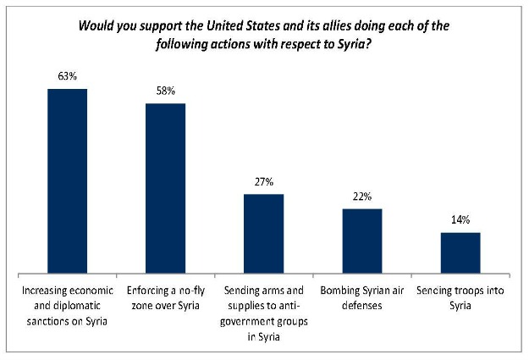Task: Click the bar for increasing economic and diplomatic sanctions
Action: (x=67, y=181)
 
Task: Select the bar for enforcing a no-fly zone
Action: (x=166, y=189)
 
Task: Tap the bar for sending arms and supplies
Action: (x=263, y=234)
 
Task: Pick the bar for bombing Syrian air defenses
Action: (x=361, y=241)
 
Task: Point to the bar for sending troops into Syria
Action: (x=460, y=253)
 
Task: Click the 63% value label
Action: (x=67, y=77)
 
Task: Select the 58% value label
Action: (x=166, y=91)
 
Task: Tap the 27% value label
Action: (x=263, y=181)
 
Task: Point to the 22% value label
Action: (x=361, y=196)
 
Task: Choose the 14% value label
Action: (x=460, y=219)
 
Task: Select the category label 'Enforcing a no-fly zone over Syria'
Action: (x=166, y=296)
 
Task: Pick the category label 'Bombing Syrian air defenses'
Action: (x=361, y=296)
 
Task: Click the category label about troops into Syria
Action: (x=460, y=296)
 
